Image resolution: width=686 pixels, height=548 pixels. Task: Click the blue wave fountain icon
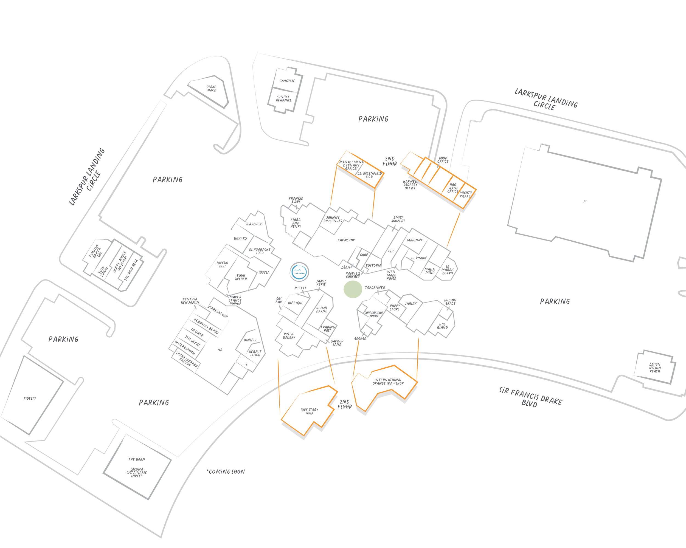299,272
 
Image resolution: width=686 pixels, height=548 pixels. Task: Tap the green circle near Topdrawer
353,289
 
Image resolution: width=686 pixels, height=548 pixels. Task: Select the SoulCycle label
287,81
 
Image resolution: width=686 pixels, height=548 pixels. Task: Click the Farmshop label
346,240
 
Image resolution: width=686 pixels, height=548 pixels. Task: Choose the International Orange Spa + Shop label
388,382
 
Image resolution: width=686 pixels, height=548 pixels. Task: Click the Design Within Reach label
655,368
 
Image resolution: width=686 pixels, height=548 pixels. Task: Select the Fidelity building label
30,399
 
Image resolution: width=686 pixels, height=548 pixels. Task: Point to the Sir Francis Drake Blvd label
530,397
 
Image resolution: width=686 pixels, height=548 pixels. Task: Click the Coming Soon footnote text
226,472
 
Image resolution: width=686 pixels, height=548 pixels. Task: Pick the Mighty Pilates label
466,195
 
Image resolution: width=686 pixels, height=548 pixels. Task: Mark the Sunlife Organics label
283,98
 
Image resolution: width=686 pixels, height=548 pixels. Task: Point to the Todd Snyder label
241,277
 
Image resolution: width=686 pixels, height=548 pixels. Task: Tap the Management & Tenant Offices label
351,165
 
